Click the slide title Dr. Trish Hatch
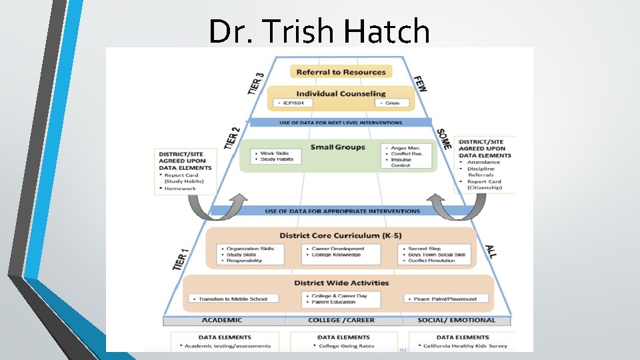pos(319,31)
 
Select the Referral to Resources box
pos(341,72)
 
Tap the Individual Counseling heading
pos(341,93)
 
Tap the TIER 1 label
pos(181,259)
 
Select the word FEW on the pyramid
pos(421,83)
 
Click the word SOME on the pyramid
pos(444,139)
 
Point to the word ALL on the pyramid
pos(491,251)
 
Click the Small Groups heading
pos(338,147)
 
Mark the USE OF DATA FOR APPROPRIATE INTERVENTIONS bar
pos(343,211)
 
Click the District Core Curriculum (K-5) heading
pos(340,235)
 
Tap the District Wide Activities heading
pos(341,283)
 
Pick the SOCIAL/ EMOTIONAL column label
pos(457,321)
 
